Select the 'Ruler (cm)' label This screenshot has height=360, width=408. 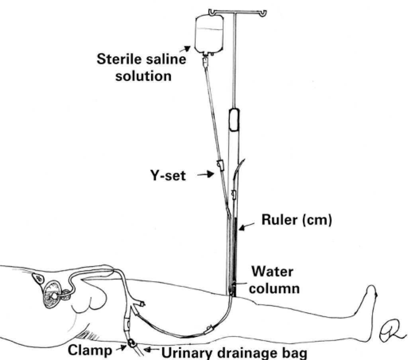coord(296,220)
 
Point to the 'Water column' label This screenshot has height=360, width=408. coord(275,280)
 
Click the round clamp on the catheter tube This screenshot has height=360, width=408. coord(131,343)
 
